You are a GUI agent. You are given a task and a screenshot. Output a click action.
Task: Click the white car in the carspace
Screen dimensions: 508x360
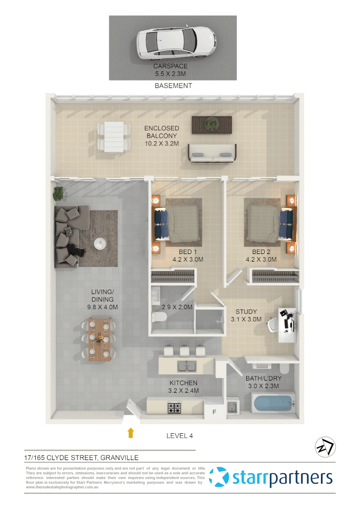[x=176, y=43]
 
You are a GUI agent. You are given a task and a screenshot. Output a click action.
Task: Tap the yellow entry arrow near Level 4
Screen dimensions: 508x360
[x=131, y=433]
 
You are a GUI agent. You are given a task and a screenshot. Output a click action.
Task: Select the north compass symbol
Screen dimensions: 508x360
[x=324, y=447]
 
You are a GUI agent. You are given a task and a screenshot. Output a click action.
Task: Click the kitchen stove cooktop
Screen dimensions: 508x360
[x=175, y=407]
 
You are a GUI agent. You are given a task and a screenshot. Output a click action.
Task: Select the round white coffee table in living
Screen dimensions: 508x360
[x=100, y=243]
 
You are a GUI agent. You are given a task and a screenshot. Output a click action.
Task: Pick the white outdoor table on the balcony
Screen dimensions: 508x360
[x=113, y=137]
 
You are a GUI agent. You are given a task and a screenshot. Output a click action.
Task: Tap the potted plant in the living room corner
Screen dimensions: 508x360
[x=58, y=193]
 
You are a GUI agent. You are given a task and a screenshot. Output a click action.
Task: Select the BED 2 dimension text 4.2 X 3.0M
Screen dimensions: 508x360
[x=261, y=259]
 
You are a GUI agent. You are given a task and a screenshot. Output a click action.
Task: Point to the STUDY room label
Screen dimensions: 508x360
[x=246, y=312]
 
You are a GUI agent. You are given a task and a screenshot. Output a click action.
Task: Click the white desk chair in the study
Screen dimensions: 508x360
[x=274, y=325]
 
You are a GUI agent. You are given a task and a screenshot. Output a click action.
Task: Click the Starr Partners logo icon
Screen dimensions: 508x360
[x=219, y=477]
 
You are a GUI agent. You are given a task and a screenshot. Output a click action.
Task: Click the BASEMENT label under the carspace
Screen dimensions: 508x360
[x=173, y=86]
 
